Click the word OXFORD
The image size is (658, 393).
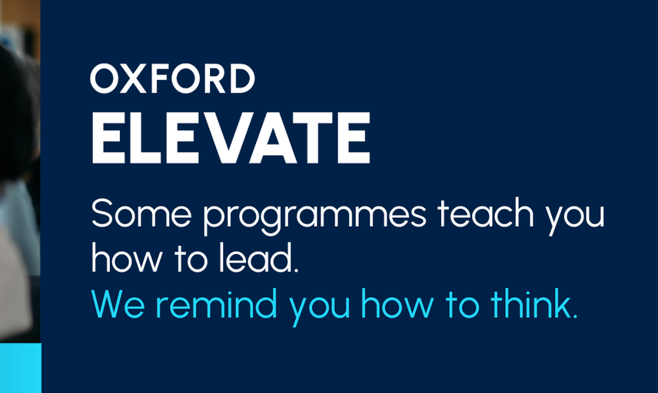click(172, 78)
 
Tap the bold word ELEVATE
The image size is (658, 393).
click(231, 137)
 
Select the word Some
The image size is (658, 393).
click(141, 213)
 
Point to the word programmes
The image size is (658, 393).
click(314, 216)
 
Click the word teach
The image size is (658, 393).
click(486, 213)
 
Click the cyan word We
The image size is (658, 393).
click(118, 304)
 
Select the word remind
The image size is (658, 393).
click(217, 303)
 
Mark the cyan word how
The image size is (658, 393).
click(397, 303)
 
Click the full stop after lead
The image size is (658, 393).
click(296, 270)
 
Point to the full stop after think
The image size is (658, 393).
click(575, 315)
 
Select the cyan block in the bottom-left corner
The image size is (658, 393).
click(21, 368)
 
